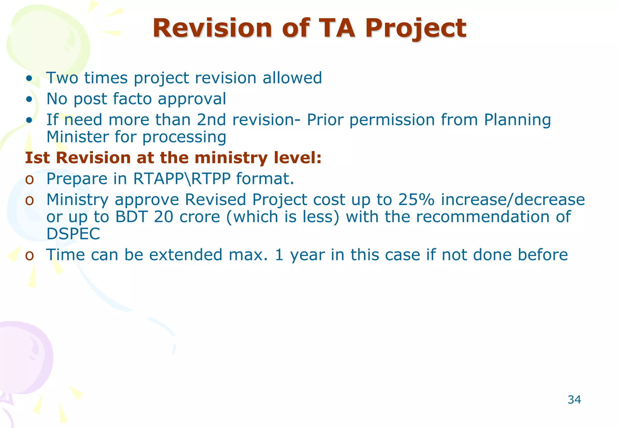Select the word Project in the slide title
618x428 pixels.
(416, 29)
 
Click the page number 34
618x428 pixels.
(574, 400)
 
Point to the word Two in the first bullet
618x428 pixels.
(62, 78)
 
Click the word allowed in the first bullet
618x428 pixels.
(292, 78)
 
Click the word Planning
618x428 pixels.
(517, 120)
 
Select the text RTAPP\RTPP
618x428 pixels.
(182, 179)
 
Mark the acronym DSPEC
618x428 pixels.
(73, 234)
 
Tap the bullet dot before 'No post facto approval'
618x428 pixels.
(29, 99)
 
